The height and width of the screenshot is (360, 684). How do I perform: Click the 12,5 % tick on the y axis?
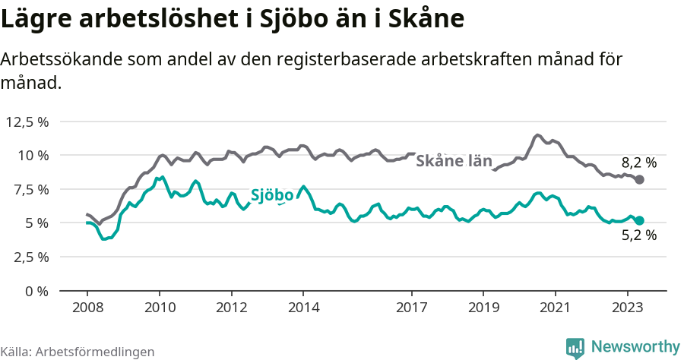pos(27,122)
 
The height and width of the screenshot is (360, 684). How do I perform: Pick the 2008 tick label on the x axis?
pos(87,308)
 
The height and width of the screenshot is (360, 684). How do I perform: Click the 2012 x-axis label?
pos(231,308)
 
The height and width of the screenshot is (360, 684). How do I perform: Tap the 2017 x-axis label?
pos(411,308)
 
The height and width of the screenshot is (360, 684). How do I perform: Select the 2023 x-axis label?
pos(628,308)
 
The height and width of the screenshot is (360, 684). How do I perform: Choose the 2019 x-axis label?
pos(483,308)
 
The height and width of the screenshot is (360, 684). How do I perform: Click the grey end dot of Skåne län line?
pos(639,180)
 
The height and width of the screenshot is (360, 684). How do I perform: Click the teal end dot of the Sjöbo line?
pos(639,220)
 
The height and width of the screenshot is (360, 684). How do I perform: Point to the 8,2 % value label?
pos(638,162)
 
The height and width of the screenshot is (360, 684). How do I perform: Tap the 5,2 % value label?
pos(638,235)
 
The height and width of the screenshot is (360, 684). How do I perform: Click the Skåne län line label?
pos(454,161)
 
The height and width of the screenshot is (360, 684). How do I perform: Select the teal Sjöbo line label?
pos(271,195)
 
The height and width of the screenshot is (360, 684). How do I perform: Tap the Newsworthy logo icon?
pos(575,347)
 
